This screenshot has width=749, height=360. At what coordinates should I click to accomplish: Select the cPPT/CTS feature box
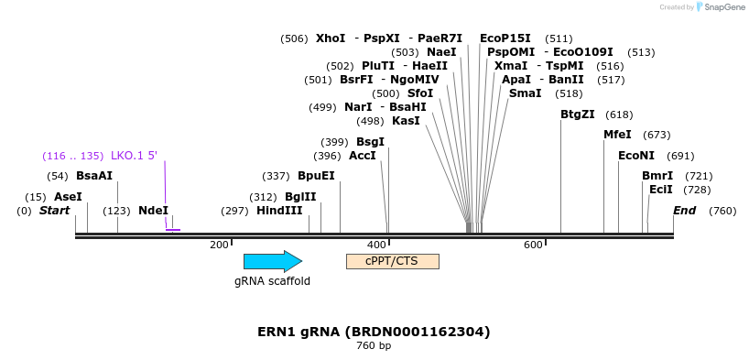click(x=392, y=261)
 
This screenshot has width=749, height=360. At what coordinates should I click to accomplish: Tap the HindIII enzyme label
click(x=279, y=211)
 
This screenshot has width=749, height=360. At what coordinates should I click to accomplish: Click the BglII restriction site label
click(x=300, y=197)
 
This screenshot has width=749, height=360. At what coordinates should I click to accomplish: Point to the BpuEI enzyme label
click(x=316, y=176)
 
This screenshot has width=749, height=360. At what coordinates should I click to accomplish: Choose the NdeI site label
click(x=153, y=211)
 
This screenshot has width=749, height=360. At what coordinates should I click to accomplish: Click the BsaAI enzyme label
click(x=94, y=176)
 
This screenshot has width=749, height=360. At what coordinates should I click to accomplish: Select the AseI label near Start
click(x=68, y=197)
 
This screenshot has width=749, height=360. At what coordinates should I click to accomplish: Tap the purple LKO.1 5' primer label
click(x=134, y=156)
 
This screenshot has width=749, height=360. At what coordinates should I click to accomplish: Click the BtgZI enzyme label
click(x=578, y=115)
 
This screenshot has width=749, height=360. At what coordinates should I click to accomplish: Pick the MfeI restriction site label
click(x=617, y=135)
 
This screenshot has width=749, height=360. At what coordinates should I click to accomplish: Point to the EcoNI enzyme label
click(x=636, y=156)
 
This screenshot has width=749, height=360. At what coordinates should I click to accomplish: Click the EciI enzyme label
click(x=661, y=190)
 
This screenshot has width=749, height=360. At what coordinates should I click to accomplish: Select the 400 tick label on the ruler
click(x=376, y=245)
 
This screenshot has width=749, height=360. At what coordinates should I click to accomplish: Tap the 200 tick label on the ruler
click(x=219, y=245)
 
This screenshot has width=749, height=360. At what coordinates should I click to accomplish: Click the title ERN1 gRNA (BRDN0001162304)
click(x=374, y=332)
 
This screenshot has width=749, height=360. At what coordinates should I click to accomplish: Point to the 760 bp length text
click(x=374, y=346)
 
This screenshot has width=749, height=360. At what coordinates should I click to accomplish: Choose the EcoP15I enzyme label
click(x=505, y=38)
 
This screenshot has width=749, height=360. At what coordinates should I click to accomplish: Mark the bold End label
click(x=684, y=211)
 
